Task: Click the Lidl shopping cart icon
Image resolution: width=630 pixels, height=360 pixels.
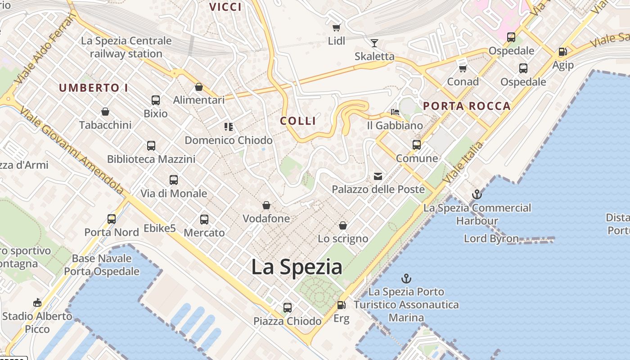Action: pyautogui.click(x=336, y=28)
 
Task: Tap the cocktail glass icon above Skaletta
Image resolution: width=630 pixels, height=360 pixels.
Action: pyautogui.click(x=374, y=43)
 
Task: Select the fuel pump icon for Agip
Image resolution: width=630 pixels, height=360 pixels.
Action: pyautogui.click(x=562, y=52)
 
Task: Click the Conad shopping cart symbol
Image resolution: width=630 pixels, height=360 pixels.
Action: pyautogui.click(x=463, y=68)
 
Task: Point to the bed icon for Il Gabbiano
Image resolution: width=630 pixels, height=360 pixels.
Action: pyautogui.click(x=395, y=112)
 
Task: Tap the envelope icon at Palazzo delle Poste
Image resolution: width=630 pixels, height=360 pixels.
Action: pyautogui.click(x=378, y=176)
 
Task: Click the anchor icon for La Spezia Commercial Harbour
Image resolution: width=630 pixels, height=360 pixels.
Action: pyautogui.click(x=477, y=195)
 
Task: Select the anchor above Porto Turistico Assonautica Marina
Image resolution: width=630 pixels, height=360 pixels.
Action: pyautogui.click(x=406, y=279)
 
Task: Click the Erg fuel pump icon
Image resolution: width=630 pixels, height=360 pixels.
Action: pyautogui.click(x=342, y=305)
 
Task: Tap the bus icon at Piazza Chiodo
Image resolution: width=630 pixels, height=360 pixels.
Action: pyautogui.click(x=288, y=308)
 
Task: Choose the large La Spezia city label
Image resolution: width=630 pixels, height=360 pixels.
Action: pyautogui.click(x=297, y=267)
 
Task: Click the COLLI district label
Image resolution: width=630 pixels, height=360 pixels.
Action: pyautogui.click(x=298, y=121)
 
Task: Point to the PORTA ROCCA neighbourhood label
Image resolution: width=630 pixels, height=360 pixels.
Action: pyautogui.click(x=467, y=106)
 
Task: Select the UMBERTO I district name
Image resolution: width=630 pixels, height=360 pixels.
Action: pyautogui.click(x=94, y=88)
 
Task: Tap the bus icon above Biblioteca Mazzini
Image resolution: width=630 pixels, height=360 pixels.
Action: pyautogui.click(x=151, y=146)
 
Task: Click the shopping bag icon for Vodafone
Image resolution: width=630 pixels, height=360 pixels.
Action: pyautogui.click(x=266, y=206)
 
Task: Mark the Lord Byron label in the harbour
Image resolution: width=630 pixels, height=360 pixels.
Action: pyautogui.click(x=491, y=238)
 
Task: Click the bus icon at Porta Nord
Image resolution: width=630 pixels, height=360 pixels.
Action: pyautogui.click(x=112, y=219)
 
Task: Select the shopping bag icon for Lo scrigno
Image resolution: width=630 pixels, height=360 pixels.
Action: pyautogui.click(x=343, y=225)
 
